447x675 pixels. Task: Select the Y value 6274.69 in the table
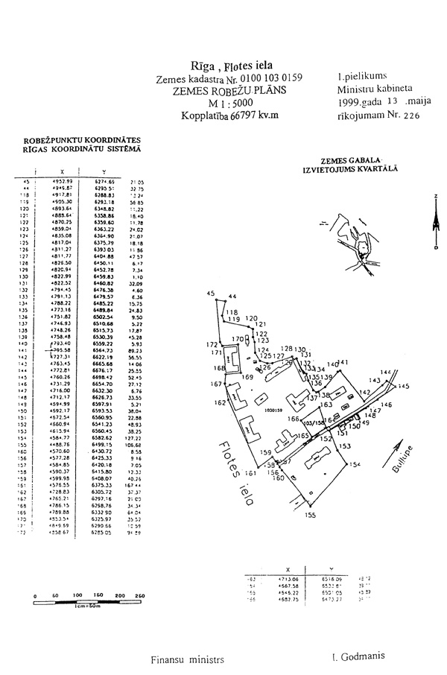(x=104, y=181)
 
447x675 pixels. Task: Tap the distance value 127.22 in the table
(x=135, y=437)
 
